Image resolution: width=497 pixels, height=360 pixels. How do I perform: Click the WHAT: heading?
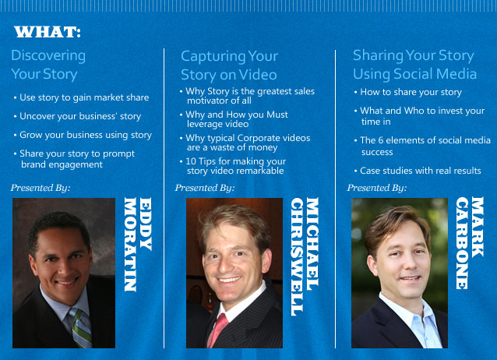pos(48,32)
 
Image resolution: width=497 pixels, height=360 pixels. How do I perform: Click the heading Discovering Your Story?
pos(48,65)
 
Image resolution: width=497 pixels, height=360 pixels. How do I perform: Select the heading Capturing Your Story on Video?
pos(230,65)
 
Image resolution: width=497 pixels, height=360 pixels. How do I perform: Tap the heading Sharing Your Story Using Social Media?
pos(415,65)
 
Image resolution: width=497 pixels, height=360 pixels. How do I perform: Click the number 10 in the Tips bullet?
pos(191,161)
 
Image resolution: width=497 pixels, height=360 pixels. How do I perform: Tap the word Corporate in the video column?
pos(259,138)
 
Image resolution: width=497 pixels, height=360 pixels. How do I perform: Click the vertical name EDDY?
pos(146,224)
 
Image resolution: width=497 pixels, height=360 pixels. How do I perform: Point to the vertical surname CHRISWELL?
pos(297,256)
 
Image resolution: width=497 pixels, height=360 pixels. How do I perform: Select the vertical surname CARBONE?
pos(462,243)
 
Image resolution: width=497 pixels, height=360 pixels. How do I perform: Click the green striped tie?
pos(81,328)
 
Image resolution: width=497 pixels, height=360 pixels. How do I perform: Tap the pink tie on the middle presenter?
pos(218,330)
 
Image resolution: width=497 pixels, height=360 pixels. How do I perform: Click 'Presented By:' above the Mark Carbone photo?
pos(377,188)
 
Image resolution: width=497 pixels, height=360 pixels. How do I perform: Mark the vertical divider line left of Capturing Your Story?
pos(164,198)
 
